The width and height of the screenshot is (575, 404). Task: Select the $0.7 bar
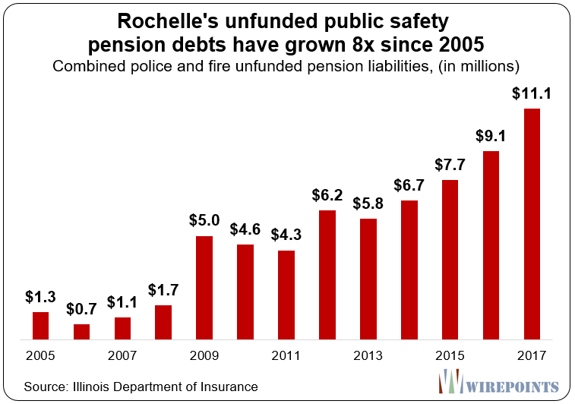click(81, 331)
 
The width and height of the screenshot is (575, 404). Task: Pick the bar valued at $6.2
click(327, 274)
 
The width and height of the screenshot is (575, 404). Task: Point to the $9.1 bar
click(491, 245)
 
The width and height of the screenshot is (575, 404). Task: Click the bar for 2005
click(40, 325)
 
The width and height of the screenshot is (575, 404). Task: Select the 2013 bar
click(368, 278)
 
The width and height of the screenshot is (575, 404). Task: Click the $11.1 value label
click(532, 95)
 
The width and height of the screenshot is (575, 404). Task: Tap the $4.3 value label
click(286, 235)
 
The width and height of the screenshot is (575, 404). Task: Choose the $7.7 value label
click(450, 165)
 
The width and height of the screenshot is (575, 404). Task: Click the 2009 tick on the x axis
click(204, 355)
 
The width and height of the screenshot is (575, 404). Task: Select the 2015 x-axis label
click(450, 355)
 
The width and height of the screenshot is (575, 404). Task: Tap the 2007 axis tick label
click(122, 355)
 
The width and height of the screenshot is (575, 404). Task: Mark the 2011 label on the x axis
click(286, 355)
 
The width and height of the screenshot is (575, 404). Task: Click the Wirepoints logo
click(502, 383)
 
